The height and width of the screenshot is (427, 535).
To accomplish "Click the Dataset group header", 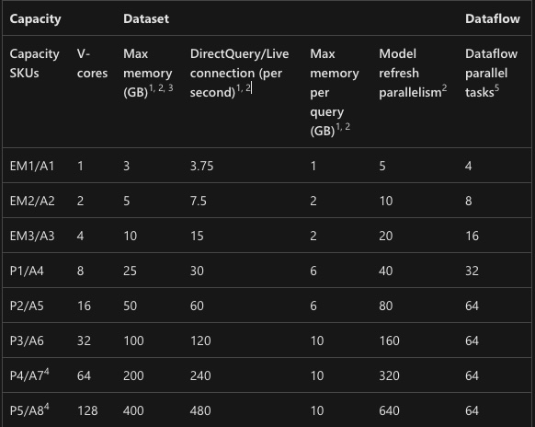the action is (146, 18).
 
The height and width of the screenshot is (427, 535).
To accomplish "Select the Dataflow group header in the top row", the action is (493, 18).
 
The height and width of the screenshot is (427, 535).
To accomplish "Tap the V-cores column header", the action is (92, 63).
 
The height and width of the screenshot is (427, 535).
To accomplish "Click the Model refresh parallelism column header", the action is (413, 73).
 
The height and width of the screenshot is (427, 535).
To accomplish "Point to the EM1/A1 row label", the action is (32, 166).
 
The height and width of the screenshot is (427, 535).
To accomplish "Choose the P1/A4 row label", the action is (27, 271).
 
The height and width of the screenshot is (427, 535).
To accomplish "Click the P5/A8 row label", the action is (29, 410).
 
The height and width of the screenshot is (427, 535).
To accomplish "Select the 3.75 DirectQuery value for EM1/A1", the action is (201, 166).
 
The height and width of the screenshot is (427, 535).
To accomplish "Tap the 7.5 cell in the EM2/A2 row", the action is (199, 201).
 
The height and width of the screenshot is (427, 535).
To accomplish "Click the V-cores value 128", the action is (87, 410).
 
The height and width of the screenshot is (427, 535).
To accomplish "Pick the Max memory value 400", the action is (133, 410).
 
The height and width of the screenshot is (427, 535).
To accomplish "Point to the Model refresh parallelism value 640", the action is (389, 410).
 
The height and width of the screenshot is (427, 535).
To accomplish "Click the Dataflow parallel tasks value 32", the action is (472, 271).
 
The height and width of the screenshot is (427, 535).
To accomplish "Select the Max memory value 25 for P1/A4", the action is (130, 271).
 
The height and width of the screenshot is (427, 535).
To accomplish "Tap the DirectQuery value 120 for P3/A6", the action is (200, 340).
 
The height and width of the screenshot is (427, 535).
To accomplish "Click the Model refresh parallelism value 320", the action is (389, 375).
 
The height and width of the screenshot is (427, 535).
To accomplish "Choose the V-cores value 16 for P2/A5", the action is (84, 306).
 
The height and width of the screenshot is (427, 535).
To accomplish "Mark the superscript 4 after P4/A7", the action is (47, 371).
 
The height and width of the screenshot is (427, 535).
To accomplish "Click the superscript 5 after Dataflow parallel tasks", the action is (496, 87).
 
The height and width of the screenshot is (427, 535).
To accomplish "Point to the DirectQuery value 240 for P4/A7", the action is (200, 375).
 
